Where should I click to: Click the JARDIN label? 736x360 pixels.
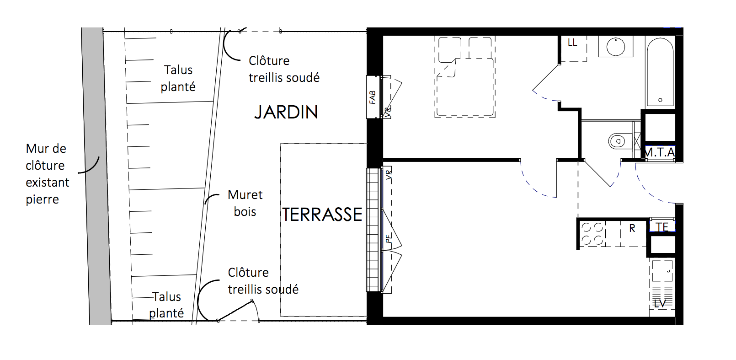[x=286, y=112]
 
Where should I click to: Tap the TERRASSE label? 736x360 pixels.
[x=322, y=215]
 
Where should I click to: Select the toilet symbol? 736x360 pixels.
[x=618, y=141]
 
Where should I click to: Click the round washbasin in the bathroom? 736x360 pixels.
[x=615, y=47]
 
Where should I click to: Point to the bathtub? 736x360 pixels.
[x=661, y=72]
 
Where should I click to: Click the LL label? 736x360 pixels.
[x=572, y=43]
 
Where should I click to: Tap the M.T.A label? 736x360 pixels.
[x=660, y=152]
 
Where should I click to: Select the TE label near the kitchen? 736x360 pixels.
[x=662, y=227]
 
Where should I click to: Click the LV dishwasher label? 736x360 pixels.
[x=660, y=304]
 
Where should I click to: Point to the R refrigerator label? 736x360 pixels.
[x=632, y=229]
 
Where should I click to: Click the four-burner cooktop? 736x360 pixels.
[x=592, y=234]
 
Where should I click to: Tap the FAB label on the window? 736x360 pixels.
[x=372, y=97]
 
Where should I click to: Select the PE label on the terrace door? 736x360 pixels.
[x=389, y=238]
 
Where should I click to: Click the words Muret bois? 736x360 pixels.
[x=245, y=203]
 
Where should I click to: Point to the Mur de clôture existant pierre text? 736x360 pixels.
[x=48, y=174]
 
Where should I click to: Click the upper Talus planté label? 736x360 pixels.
[x=178, y=78]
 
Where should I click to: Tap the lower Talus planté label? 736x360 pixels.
[x=166, y=305]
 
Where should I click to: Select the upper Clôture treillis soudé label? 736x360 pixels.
[x=284, y=69]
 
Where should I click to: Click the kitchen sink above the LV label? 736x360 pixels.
[x=662, y=271]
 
